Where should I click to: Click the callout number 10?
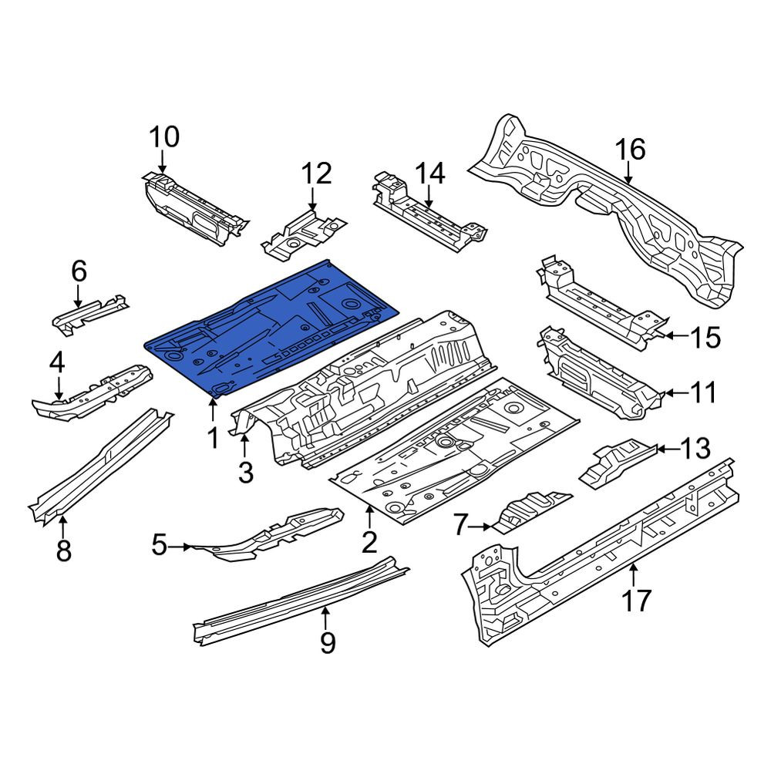coord(164,136)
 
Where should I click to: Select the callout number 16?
coord(631,149)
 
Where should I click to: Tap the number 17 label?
coord(636,601)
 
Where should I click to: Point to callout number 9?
coord(328,642)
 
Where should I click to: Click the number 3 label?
coord(245,473)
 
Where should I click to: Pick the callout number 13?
coord(695,449)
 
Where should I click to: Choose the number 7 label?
coord(460,526)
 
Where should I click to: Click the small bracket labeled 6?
coord(90,314)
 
